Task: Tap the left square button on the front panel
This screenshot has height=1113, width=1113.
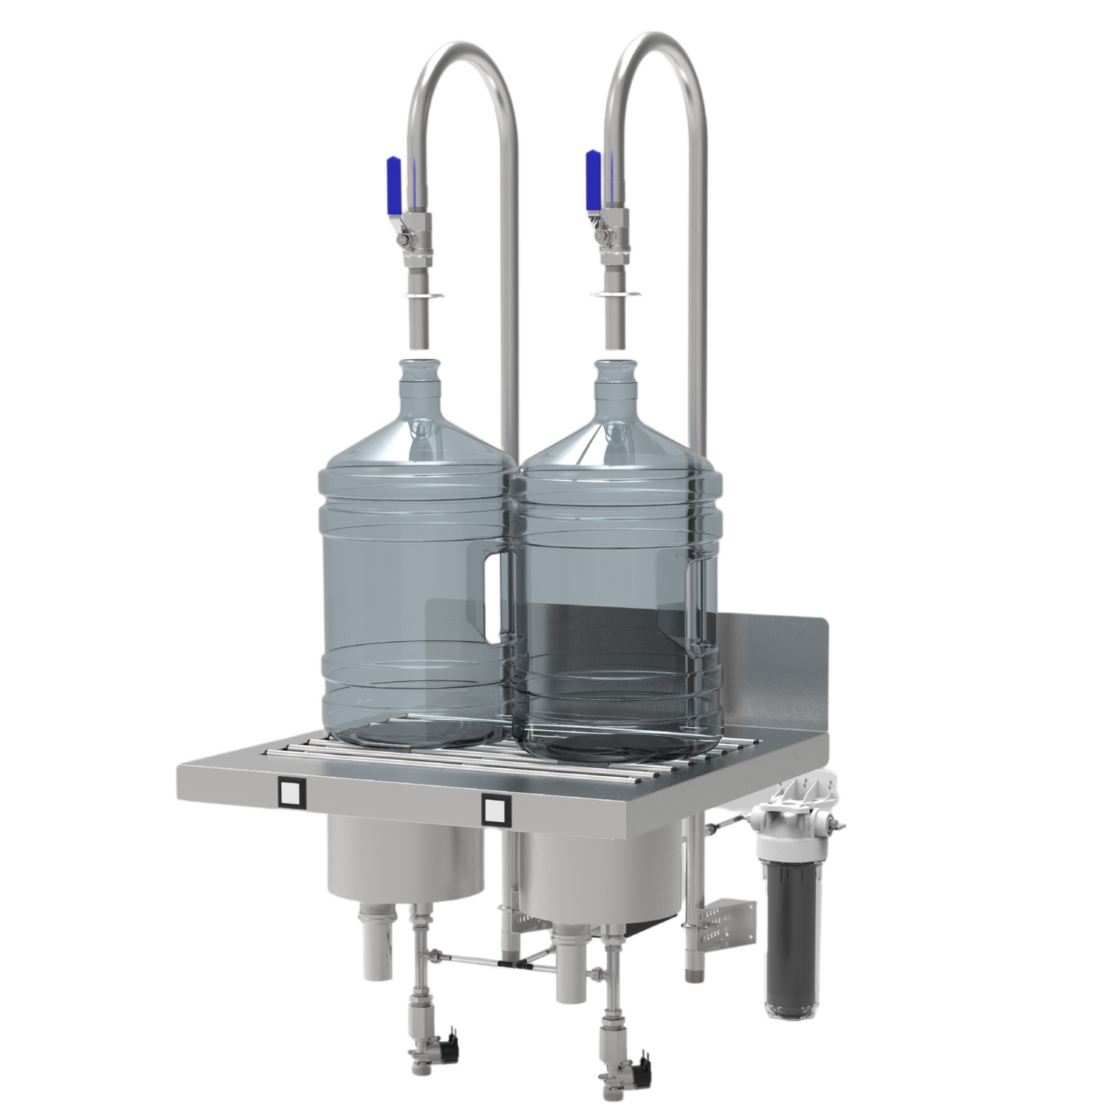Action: [290, 793]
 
